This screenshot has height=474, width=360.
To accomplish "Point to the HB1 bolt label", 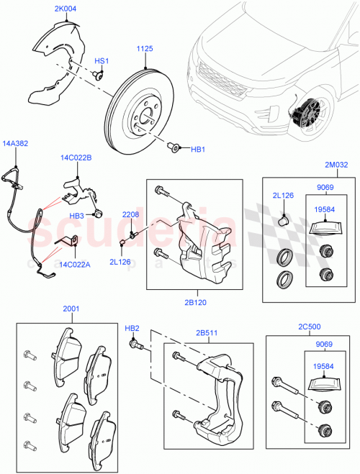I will (x=198, y=150).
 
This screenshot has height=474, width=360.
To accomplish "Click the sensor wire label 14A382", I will (x=16, y=143).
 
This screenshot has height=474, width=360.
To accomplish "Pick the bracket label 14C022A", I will (x=75, y=264).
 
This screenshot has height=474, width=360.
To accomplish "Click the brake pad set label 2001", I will (x=71, y=309).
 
